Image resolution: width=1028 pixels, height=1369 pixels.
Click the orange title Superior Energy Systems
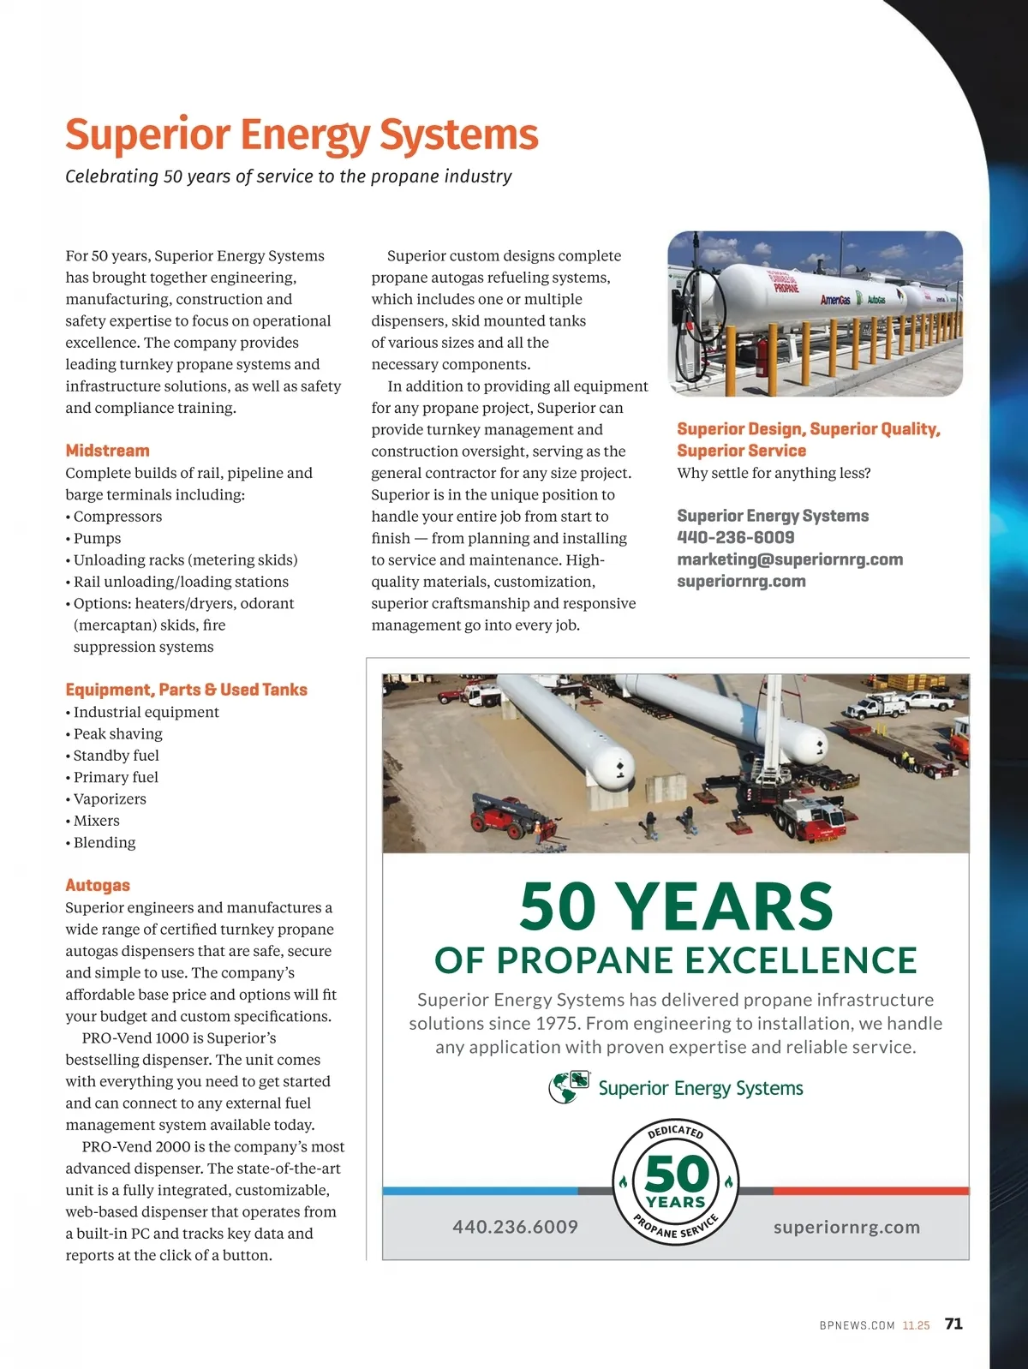302,135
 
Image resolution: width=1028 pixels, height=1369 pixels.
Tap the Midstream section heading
107,451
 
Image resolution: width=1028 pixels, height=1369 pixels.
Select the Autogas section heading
98,885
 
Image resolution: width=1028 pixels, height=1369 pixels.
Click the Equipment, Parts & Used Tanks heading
186,690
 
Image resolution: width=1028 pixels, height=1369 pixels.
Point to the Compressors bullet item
117,517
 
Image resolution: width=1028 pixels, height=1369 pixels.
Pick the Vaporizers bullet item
110,798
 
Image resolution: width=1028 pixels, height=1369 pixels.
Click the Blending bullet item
105,842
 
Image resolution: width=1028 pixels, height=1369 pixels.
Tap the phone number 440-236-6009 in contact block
735,537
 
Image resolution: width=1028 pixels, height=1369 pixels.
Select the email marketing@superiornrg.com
789,559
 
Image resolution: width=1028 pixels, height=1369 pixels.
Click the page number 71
953,1324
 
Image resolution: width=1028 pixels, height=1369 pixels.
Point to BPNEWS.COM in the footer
857,1325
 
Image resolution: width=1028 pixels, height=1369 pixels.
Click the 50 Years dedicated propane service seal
676,1182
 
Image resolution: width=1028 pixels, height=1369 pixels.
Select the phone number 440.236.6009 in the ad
515,1227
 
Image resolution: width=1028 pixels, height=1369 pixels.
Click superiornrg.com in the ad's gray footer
846,1227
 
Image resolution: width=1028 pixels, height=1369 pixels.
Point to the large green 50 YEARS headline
676,906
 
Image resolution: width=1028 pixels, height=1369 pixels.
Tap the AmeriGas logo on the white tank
835,300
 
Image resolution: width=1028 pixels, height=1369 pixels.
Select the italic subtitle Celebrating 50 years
288,176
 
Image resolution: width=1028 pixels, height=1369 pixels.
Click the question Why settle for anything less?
774,473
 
